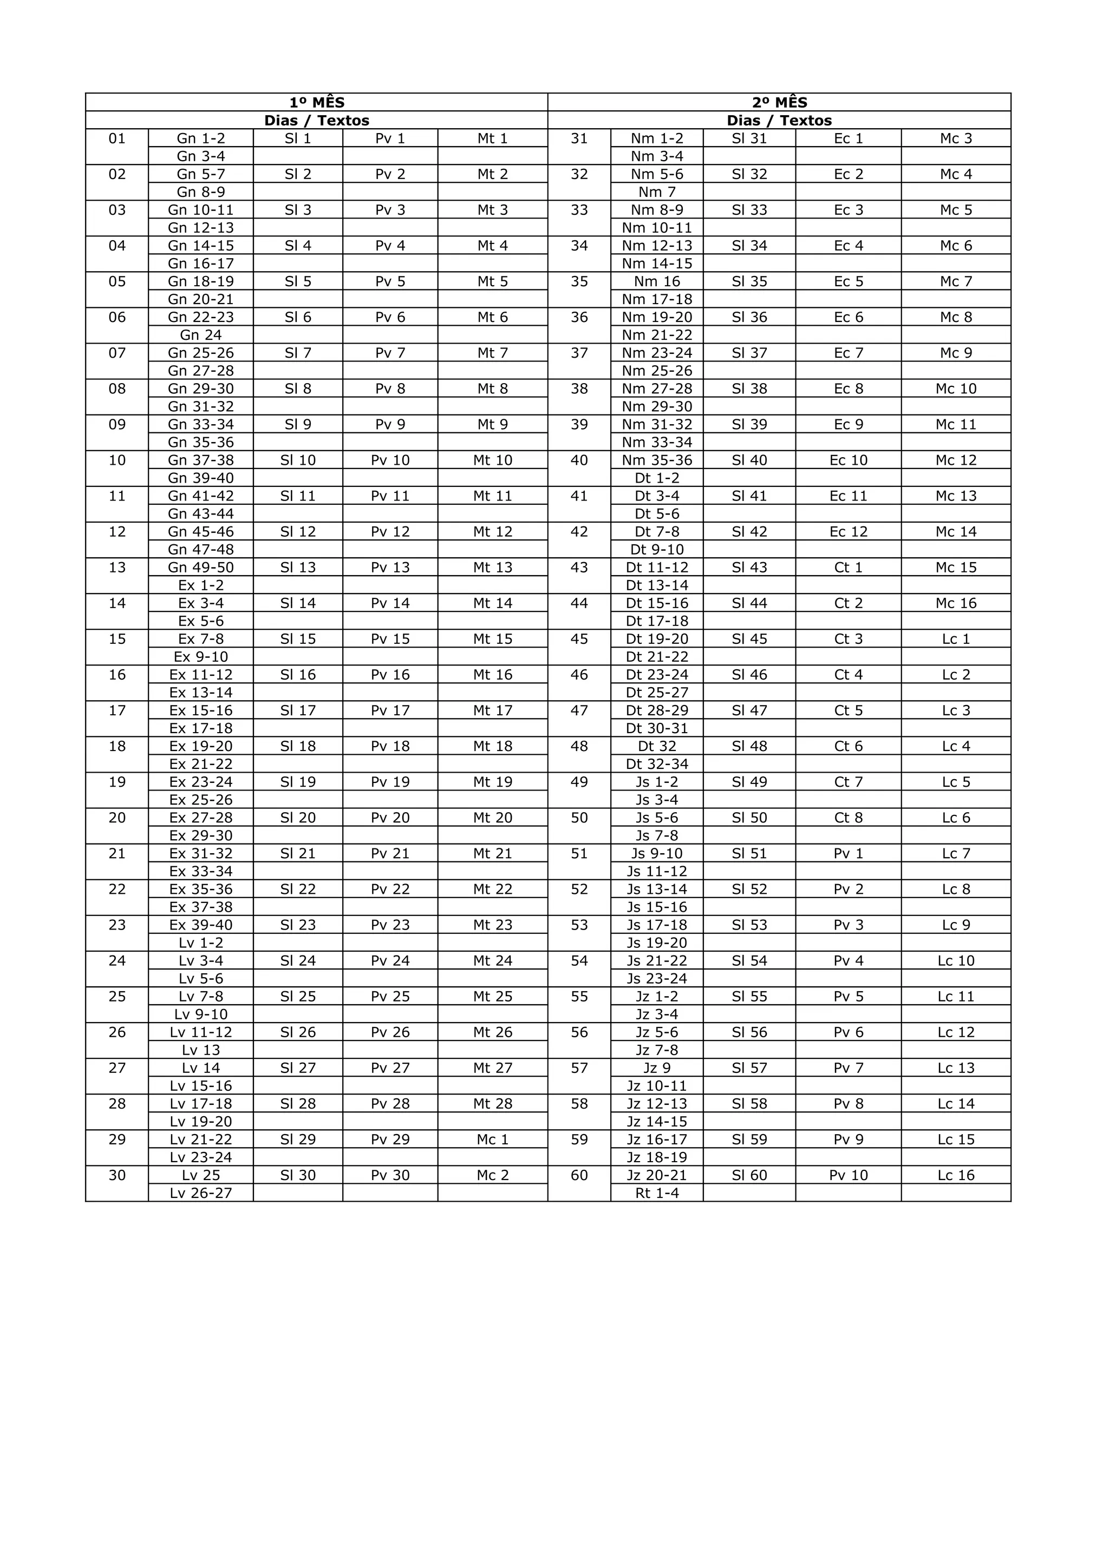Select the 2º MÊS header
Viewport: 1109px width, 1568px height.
(779, 102)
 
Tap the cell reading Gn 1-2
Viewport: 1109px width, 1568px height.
(200, 139)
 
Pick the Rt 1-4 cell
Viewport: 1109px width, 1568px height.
(657, 1193)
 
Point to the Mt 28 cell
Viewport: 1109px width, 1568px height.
(492, 1104)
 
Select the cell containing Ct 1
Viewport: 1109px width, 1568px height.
(848, 568)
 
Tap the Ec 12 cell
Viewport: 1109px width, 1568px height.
(848, 532)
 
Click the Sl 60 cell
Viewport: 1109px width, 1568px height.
(749, 1175)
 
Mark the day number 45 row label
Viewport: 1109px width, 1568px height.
(579, 639)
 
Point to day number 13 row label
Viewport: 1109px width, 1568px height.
(117, 568)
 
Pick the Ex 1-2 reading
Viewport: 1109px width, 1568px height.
(200, 585)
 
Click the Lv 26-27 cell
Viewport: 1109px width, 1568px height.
(200, 1193)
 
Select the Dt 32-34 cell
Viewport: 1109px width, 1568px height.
(657, 764)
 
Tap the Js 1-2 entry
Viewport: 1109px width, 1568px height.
(657, 782)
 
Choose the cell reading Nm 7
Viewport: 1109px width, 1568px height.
(657, 192)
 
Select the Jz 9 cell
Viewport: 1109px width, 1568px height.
(657, 1068)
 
